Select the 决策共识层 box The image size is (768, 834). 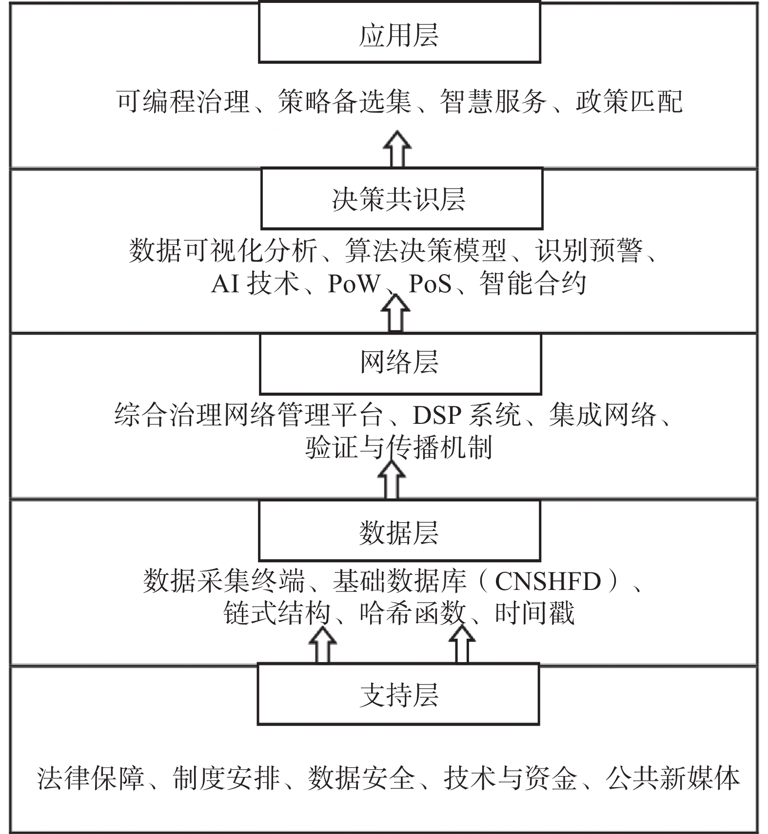pos(402,198)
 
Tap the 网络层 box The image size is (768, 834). pos(400,363)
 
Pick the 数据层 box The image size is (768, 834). pos(399,531)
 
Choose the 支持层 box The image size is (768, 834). pos(398,694)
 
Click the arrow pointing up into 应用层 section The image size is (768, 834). pos(397,149)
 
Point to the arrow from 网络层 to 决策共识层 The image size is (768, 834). pos(395,314)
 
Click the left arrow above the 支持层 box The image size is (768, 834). pos(323,645)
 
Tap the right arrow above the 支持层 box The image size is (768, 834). pos(462,645)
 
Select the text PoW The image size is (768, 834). pos(354,284)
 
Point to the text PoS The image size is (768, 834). pos(430,284)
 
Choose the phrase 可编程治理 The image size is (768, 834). pos(183,102)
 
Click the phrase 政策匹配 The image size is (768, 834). pos(629,102)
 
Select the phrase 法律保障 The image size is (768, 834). pos(91,778)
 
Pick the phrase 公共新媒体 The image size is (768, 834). pos(673,778)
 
